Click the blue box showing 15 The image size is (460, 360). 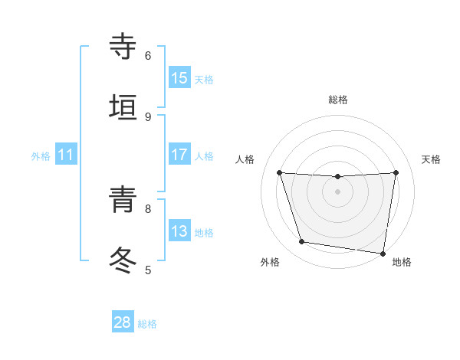pos(179,77)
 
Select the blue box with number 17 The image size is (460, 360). pos(179,154)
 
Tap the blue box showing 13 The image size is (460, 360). pos(179,231)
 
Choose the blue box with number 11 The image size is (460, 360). pos(66,155)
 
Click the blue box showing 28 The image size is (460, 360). pos(123,322)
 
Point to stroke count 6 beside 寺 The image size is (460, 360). pos(148,55)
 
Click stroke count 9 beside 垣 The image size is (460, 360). pos(148,116)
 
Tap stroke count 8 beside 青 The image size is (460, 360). pos(148,208)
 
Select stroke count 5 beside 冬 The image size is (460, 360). pos(148,270)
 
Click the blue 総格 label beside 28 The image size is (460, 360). pos(147,324)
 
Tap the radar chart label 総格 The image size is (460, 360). pos(338,100)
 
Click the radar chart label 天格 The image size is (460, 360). pos(431,159)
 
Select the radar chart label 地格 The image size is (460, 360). pos(402,262)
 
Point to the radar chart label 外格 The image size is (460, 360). pos(270,262)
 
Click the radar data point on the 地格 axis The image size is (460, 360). pos(383,253)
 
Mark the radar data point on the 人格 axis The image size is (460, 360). pos(280,172)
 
